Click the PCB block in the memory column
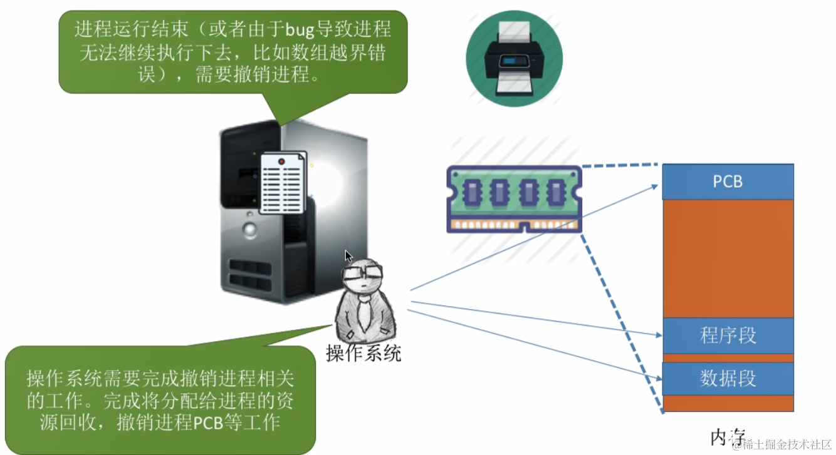tap(728, 181)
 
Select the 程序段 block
tap(728, 335)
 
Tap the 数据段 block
tap(728, 379)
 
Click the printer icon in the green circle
tap(514, 58)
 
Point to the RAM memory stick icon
tap(514, 200)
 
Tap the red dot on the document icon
tap(281, 161)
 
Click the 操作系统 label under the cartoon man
tap(363, 354)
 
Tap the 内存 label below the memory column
tap(727, 436)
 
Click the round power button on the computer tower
tap(251, 230)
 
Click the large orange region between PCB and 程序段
tap(728, 258)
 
